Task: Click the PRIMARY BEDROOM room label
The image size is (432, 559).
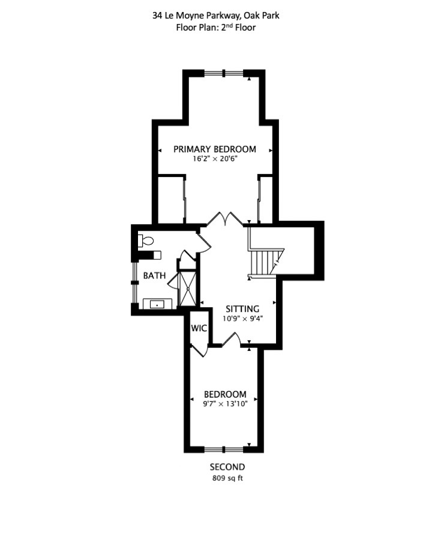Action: (x=215, y=149)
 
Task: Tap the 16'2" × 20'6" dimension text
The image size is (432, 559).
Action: (x=215, y=160)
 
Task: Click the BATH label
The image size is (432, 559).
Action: (x=154, y=276)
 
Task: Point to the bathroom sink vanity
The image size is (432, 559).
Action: (x=158, y=303)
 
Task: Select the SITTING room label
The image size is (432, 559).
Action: (x=242, y=309)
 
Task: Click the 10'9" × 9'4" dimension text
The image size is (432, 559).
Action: (x=242, y=318)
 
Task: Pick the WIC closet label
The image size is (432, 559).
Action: (x=199, y=329)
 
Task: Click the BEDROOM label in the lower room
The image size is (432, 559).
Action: (x=225, y=394)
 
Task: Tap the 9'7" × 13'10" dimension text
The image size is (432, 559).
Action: (x=225, y=404)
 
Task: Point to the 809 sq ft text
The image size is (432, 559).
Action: (x=227, y=478)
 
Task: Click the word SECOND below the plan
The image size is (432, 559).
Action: (x=227, y=467)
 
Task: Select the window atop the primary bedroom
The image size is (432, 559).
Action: (x=224, y=73)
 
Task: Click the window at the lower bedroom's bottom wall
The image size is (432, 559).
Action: (x=224, y=449)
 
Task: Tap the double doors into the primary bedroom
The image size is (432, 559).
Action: (x=225, y=219)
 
